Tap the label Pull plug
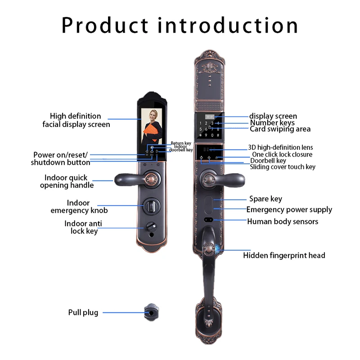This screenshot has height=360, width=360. (83, 312)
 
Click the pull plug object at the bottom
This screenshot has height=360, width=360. (151, 311)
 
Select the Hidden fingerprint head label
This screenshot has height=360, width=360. (284, 256)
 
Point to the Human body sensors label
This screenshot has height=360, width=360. (283, 221)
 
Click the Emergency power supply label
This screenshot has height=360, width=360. (289, 209)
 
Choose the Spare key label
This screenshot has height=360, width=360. (265, 198)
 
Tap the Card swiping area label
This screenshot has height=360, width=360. (280, 129)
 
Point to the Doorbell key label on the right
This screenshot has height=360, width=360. (268, 161)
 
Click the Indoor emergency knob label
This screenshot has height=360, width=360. (79, 207)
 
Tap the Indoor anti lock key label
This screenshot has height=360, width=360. (81, 227)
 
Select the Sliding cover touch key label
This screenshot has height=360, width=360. (283, 167)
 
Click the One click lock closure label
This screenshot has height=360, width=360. (282, 154)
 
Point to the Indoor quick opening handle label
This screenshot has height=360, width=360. (67, 181)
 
